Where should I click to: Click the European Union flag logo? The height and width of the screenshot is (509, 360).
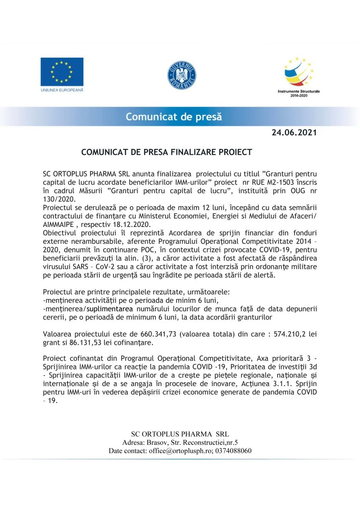(x=62, y=72)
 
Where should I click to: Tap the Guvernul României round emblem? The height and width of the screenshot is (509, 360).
(x=181, y=75)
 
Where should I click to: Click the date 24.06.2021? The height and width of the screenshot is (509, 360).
(x=294, y=133)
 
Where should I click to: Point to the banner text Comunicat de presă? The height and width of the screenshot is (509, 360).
(x=173, y=117)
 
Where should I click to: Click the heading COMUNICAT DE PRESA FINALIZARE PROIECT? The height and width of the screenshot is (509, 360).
(x=167, y=152)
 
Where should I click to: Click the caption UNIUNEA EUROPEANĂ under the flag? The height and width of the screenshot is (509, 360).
(x=62, y=90)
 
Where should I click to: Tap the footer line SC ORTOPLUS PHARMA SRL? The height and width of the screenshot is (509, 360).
(x=180, y=434)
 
